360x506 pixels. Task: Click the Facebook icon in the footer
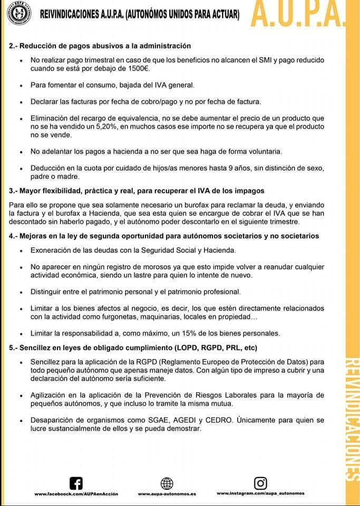(76, 483)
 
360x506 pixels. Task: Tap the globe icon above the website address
(167, 483)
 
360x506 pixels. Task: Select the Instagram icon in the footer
(260, 483)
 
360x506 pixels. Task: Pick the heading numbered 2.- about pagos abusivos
(100, 46)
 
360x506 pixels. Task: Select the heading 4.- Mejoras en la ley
(164, 236)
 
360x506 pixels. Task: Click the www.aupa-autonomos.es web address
(167, 494)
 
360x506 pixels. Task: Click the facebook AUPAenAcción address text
(76, 494)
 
